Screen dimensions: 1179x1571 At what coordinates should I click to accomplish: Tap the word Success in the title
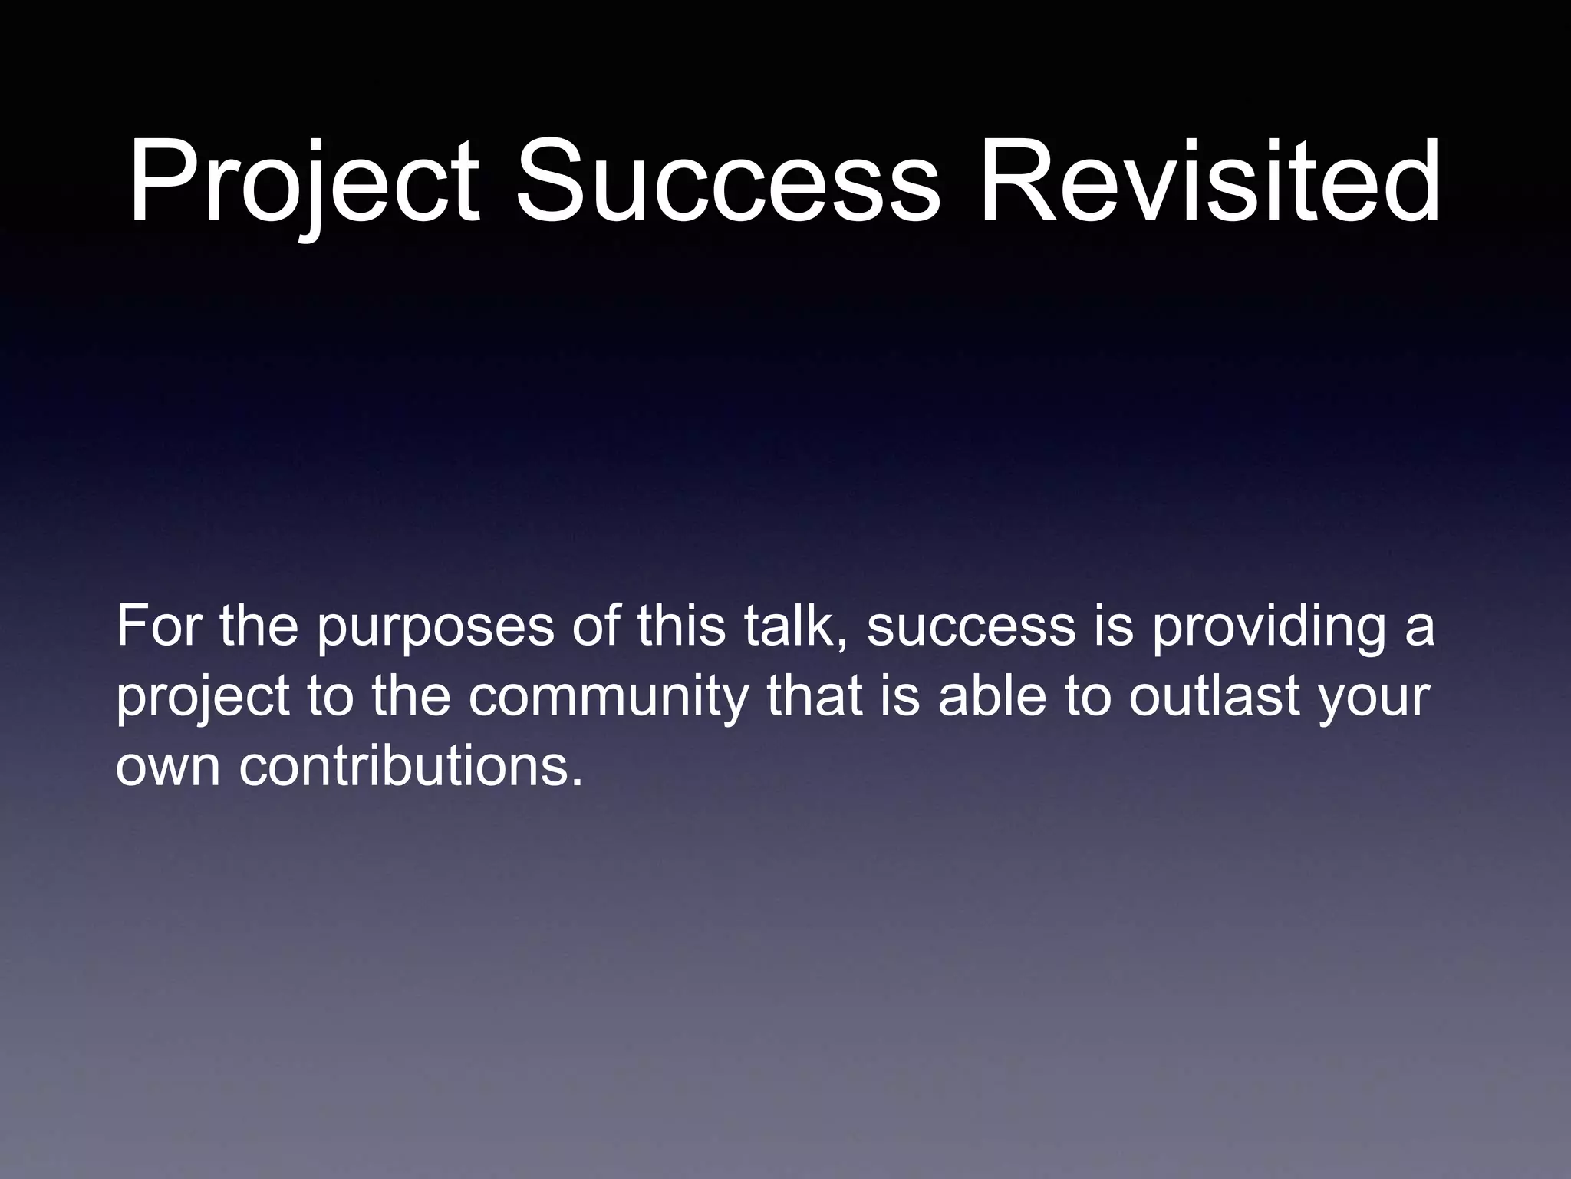pos(727,183)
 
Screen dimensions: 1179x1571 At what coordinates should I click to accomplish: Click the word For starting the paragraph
pos(159,626)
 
